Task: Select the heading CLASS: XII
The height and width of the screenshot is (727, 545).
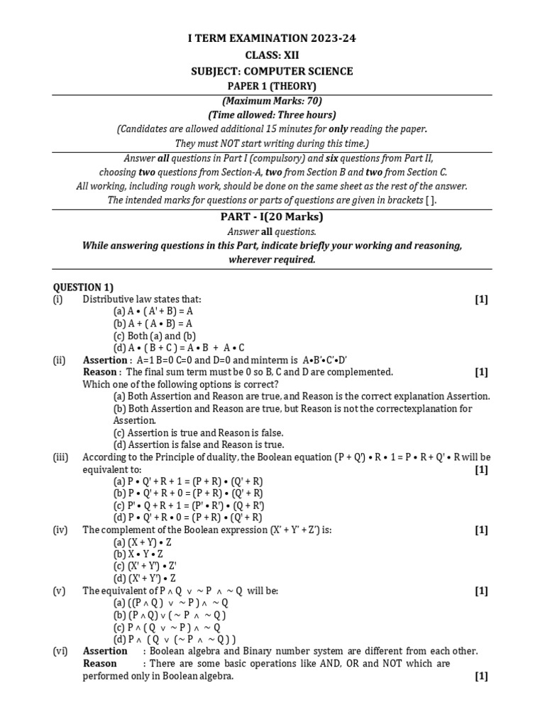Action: pyautogui.click(x=272, y=55)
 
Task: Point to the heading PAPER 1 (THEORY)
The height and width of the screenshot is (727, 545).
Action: pyautogui.click(x=272, y=86)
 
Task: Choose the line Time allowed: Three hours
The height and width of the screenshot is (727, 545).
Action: pyautogui.click(x=272, y=115)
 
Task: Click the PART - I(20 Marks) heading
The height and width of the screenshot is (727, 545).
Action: pyautogui.click(x=272, y=217)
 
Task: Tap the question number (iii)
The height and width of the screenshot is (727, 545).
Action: pyautogui.click(x=60, y=457)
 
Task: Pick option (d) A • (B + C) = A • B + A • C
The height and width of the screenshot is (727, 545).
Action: pyautogui.click(x=179, y=348)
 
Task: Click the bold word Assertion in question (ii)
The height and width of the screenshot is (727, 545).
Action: pyautogui.click(x=100, y=361)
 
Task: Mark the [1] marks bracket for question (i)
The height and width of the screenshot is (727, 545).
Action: pyautogui.click(x=482, y=300)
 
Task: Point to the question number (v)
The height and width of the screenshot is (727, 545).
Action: pyautogui.click(x=60, y=591)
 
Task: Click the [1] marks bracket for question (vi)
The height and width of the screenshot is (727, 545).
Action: pyautogui.click(x=482, y=677)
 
